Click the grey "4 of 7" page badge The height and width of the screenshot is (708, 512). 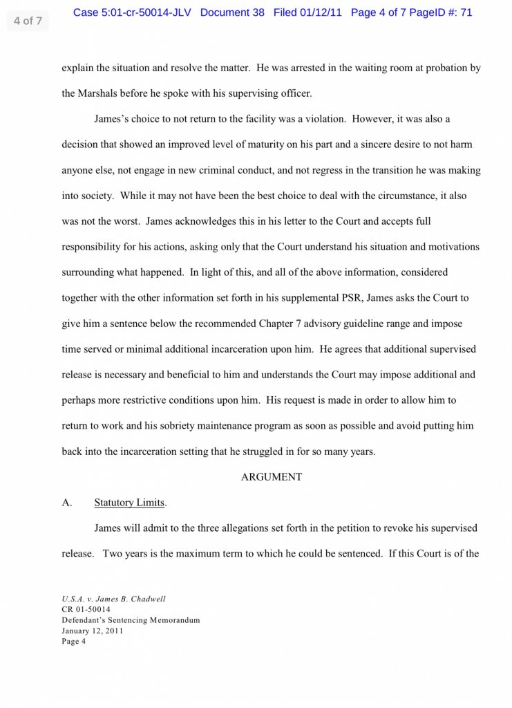pos(28,21)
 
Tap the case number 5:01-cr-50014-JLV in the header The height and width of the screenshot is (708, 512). pos(146,12)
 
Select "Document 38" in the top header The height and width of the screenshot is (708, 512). pos(232,12)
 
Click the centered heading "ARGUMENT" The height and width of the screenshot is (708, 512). pos(272,477)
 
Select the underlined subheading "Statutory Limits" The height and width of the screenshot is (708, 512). pos(131,503)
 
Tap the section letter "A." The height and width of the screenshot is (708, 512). pos(67,503)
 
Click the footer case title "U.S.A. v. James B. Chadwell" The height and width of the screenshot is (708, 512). pos(113,599)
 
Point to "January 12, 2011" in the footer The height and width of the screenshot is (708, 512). pos(93,631)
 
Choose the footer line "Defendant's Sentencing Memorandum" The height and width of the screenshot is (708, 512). pos(131,620)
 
